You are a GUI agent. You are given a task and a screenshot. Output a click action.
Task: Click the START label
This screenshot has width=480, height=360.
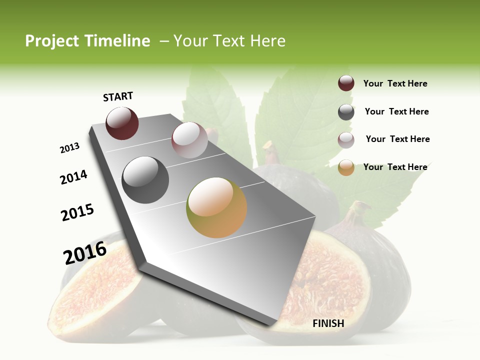118,96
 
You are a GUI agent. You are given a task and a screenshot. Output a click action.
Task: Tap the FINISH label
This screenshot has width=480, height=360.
328,323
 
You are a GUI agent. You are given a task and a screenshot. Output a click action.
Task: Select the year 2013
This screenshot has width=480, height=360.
70,147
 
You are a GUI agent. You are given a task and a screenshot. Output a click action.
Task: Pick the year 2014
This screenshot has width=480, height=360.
74,177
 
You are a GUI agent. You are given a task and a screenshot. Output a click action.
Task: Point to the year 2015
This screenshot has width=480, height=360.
77,212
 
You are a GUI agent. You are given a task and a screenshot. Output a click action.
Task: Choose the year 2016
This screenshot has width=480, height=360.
85,252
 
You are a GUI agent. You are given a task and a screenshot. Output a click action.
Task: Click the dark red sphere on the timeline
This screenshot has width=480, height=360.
122,123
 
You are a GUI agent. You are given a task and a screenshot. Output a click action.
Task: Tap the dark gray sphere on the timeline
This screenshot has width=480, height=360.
145,180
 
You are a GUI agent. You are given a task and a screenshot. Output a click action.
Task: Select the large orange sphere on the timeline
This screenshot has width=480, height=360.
216,207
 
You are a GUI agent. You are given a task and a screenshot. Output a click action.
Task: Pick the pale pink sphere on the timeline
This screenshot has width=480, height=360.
189,140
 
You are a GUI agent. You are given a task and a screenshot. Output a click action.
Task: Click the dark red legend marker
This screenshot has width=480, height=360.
346,83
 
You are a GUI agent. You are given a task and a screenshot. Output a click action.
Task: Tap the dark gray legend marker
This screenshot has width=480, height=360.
346,112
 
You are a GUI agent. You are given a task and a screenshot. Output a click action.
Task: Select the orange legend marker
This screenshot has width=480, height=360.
346,167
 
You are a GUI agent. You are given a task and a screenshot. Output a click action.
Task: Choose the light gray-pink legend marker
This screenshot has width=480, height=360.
346,140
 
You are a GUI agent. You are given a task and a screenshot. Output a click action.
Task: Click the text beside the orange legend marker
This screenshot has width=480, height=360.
395,167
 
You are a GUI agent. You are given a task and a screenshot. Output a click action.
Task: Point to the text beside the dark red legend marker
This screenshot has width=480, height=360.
395,83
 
